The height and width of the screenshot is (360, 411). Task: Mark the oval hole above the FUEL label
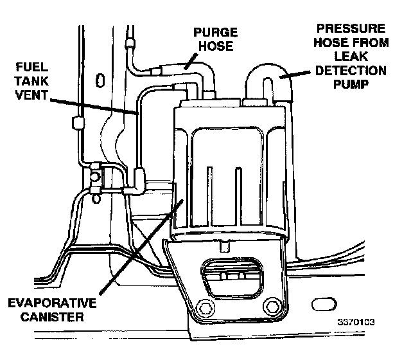pos(100,80)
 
